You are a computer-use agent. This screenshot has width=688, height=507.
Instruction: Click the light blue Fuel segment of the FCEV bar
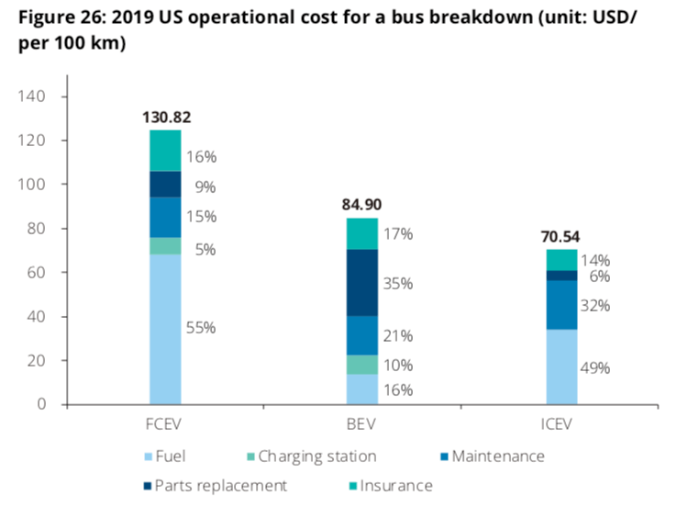pyautogui.click(x=165, y=329)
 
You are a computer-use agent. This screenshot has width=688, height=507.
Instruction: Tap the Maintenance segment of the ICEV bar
pyautogui.click(x=561, y=305)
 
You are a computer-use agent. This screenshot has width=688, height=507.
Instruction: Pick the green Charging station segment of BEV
pyautogui.click(x=363, y=365)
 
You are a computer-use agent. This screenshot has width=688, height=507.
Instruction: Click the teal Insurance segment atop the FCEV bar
pyautogui.click(x=165, y=151)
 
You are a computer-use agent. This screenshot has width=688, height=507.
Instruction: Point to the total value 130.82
pyautogui.click(x=166, y=118)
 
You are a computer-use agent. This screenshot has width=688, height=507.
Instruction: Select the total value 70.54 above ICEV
pyautogui.click(x=562, y=236)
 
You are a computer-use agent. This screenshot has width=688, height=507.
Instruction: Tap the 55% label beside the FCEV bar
pyautogui.click(x=201, y=328)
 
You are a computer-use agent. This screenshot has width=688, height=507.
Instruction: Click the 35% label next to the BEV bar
pyautogui.click(x=399, y=284)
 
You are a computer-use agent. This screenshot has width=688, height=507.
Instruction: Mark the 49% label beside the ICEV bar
pyautogui.click(x=597, y=368)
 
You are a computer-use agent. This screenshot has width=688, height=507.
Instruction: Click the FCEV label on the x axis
pyautogui.click(x=166, y=427)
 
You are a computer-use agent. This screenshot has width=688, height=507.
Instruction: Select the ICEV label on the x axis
pyautogui.click(x=561, y=427)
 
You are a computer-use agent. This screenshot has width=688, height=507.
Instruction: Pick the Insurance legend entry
pyautogui.click(x=391, y=485)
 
